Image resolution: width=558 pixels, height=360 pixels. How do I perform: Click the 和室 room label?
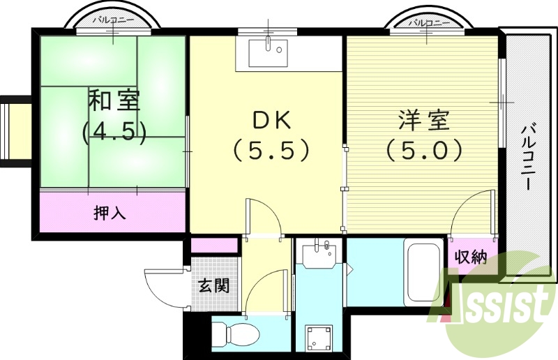(114, 100)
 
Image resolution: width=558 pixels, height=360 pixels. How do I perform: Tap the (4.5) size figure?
(114, 132)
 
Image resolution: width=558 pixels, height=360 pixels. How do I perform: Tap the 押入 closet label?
(110, 213)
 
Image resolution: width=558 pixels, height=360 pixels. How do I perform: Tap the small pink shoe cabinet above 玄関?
(214, 246)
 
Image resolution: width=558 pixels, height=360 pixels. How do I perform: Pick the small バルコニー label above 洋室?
(425, 22)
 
